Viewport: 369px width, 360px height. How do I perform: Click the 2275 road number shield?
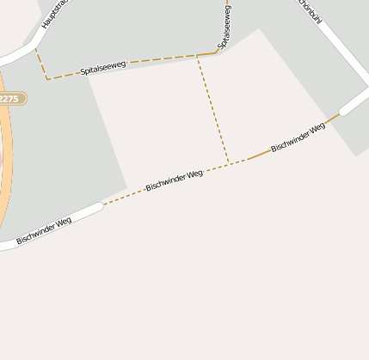[x=9, y=99]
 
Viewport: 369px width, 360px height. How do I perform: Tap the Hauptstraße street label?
[x=54, y=16]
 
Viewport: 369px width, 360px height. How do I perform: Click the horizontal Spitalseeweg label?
[x=103, y=67]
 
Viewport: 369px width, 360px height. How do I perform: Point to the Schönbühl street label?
[x=311, y=12]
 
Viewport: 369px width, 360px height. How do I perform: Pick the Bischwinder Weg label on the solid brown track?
[x=298, y=137]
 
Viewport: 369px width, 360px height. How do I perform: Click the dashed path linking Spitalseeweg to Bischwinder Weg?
[x=213, y=108]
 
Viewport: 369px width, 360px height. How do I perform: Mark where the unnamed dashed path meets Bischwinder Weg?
[x=229, y=162]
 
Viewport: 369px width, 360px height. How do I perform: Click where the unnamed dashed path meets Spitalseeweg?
[x=198, y=56]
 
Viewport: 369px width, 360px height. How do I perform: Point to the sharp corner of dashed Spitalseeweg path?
[x=47, y=80]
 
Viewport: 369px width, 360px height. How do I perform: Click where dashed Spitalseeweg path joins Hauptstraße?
[x=34, y=47]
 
